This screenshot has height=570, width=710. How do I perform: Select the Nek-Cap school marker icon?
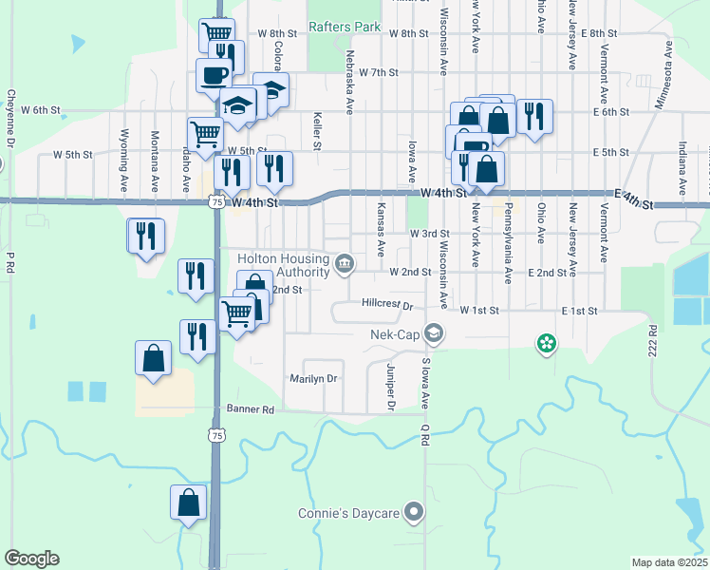(x=434, y=332)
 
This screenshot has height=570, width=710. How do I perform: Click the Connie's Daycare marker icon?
(x=413, y=513)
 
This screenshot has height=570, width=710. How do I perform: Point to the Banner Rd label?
(x=250, y=409)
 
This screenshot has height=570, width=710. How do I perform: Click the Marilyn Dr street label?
(x=313, y=378)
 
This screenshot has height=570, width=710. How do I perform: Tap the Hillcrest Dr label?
(x=388, y=306)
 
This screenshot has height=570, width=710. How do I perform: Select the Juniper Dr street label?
(x=390, y=386)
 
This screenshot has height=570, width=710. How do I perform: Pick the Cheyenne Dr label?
(x=10, y=118)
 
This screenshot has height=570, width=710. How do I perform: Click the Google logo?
(x=31, y=559)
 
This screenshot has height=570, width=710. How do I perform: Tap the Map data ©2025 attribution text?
(x=669, y=562)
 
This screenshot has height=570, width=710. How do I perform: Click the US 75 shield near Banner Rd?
(x=217, y=434)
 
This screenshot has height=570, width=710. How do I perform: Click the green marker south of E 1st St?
(x=546, y=344)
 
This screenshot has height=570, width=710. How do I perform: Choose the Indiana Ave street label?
(x=682, y=161)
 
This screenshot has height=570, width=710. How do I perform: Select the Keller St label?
(x=317, y=132)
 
